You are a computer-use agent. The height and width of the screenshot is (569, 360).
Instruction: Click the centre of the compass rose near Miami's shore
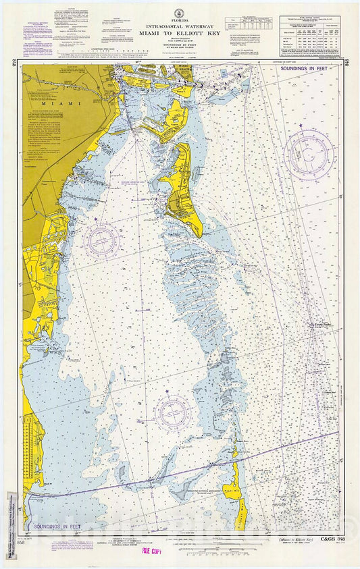pos(102,240)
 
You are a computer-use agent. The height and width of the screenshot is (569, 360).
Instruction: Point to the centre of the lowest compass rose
pos(174,413)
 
